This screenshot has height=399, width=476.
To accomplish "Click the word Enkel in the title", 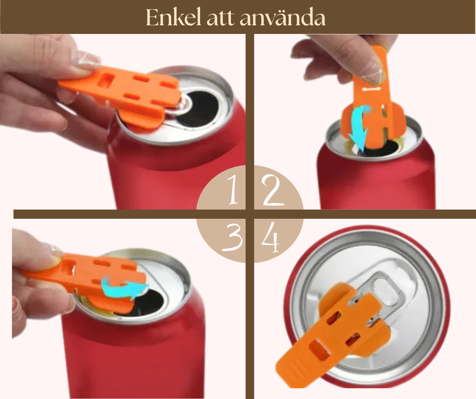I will (x=170, y=17).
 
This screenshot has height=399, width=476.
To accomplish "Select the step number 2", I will (x=274, y=192).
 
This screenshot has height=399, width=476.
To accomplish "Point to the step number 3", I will (x=232, y=238).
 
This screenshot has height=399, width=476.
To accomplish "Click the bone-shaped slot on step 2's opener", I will (x=374, y=89).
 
